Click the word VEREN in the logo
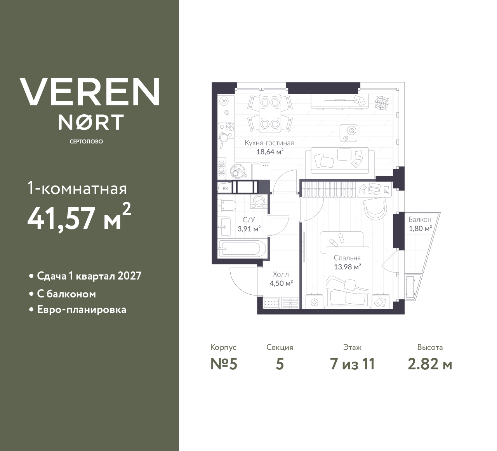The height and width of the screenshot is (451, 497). [89, 92]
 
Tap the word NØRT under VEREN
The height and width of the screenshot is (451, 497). [91, 122]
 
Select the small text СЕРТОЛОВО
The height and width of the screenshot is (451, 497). [86, 142]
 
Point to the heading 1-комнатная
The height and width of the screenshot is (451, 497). [77, 189]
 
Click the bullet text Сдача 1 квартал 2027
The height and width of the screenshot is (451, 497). [89, 276]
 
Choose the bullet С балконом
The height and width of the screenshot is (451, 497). [66, 294]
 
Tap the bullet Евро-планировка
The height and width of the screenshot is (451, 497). [82, 310]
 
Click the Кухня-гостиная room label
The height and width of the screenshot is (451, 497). [269, 143]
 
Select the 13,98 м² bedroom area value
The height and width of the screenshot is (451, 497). [348, 267]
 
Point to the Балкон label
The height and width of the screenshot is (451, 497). [420, 220]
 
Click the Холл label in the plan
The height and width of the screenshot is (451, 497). [281, 274]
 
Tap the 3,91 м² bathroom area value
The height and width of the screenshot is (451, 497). [249, 229]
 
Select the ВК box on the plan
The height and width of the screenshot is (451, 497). [226, 189]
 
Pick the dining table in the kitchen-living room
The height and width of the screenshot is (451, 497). [270, 113]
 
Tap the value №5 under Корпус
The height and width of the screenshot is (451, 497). [224, 364]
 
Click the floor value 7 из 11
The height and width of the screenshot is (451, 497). [352, 364]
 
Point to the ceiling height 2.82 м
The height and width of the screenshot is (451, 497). [430, 364]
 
